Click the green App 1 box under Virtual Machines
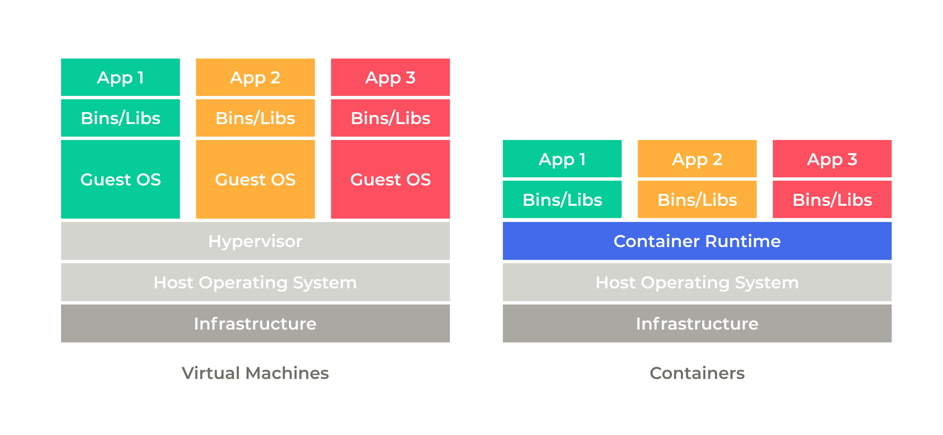pos(120,77)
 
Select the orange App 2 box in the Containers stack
pos(697,159)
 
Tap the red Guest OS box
pos(390,179)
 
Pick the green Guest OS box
pos(120,179)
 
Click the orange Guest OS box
pos(255,179)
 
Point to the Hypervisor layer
pos(255,241)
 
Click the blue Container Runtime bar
pos(697,241)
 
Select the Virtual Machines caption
pos(255,373)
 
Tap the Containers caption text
pos(697,373)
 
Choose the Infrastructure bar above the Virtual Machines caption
pos(255,323)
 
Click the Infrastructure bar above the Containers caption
pos(697,323)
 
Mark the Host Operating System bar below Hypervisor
pos(255,282)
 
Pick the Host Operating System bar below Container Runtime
pos(697,282)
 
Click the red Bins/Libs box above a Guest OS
pos(390,118)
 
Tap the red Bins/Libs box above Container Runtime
pos(832,200)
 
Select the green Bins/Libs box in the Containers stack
pos(562,200)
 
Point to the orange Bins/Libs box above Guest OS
pos(255,118)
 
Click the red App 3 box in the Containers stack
pos(832,159)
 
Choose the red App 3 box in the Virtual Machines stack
pos(390,77)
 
